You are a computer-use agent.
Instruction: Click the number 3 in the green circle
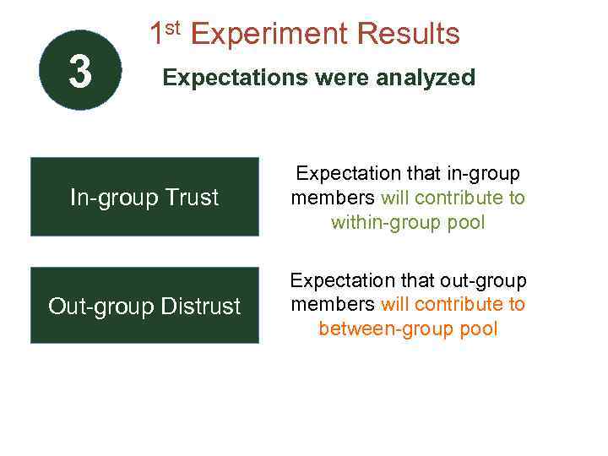pyautogui.click(x=80, y=72)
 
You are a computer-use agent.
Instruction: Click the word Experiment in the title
pyautogui.click(x=269, y=35)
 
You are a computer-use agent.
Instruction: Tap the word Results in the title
pyautogui.click(x=409, y=35)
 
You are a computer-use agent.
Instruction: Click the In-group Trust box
pyautogui.click(x=144, y=197)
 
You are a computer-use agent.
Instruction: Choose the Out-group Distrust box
pyautogui.click(x=144, y=306)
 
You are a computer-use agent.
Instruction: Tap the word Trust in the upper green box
pyautogui.click(x=191, y=197)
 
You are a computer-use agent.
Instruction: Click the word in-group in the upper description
pyautogui.click(x=489, y=174)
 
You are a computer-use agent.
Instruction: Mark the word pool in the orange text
pyautogui.click(x=478, y=328)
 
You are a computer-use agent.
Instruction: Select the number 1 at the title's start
pyautogui.click(x=156, y=35)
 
